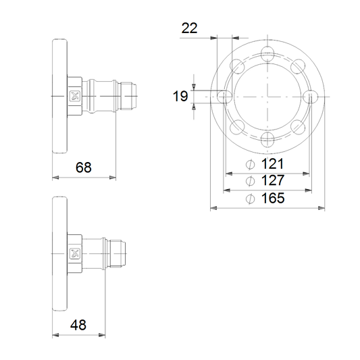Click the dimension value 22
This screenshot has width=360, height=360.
click(x=189, y=28)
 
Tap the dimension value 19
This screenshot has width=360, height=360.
click(x=180, y=96)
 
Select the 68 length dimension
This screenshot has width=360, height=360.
click(x=84, y=167)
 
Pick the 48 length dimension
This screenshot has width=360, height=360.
click(x=78, y=325)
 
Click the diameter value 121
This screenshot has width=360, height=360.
click(x=272, y=163)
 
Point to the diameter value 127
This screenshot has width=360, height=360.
click(x=273, y=180)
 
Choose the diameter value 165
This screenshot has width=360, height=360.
click(x=273, y=198)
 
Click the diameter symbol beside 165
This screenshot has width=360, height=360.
click(x=251, y=199)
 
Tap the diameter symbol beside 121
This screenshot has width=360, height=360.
click(x=251, y=164)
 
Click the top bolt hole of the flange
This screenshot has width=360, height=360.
click(x=267, y=54)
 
